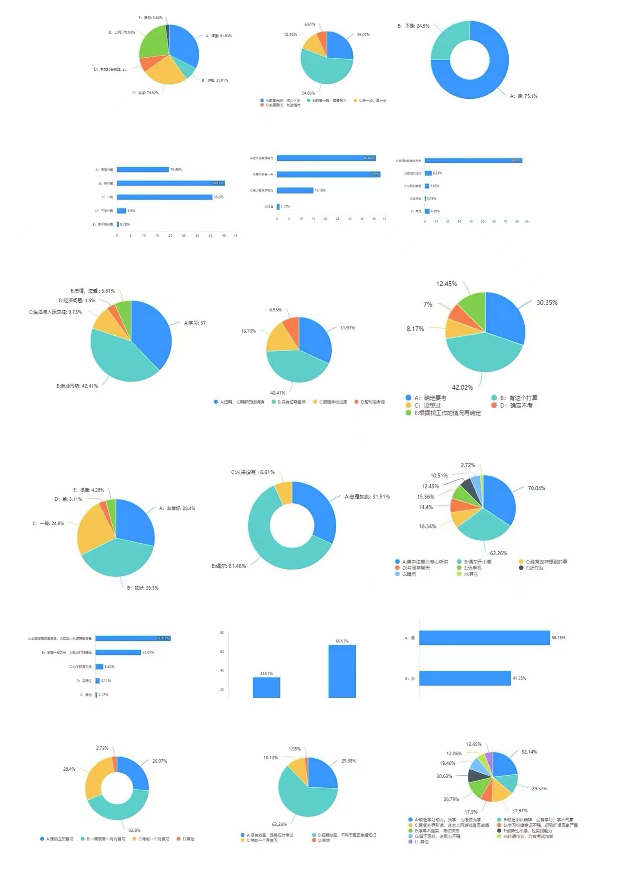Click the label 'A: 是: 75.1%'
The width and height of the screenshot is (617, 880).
tap(524, 96)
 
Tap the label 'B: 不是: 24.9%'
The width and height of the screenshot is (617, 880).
tap(413, 26)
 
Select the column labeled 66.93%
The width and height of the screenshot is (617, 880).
tap(342, 671)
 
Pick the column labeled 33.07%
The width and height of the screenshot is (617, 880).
tap(266, 687)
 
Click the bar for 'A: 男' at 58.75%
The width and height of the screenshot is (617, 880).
tap(485, 638)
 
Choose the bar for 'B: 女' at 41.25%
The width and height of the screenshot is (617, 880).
tap(465, 678)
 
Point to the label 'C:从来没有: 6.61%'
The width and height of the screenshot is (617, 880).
tap(253, 472)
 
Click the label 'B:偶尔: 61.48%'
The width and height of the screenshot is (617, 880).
tap(229, 566)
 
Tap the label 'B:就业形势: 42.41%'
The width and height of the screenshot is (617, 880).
tap(77, 386)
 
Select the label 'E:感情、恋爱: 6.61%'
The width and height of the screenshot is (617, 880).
tap(93, 291)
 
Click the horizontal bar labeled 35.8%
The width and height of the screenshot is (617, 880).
tap(165, 197)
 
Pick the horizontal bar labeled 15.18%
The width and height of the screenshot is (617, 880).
tap(295, 191)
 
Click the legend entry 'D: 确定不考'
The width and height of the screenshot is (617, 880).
tap(516, 405)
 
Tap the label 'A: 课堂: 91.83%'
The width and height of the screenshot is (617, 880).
tap(219, 36)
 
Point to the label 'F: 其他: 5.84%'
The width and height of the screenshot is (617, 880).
tap(150, 18)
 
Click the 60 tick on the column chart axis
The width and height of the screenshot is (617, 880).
tap(222, 652)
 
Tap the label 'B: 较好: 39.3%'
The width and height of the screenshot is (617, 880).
tap(142, 588)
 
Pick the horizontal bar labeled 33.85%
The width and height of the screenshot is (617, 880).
tap(118, 652)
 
